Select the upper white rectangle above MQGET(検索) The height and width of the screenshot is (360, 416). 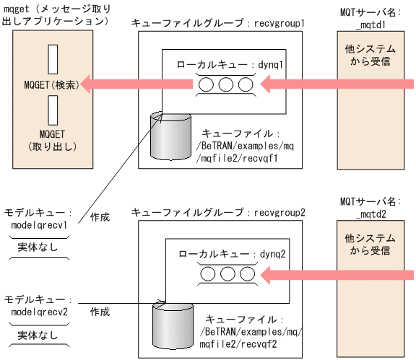(x=52, y=60)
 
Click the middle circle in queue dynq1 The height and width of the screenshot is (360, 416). (x=225, y=86)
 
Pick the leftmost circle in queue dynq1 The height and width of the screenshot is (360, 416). (x=207, y=86)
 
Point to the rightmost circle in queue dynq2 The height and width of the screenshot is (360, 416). (x=243, y=274)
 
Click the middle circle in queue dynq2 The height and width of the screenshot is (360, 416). (x=225, y=274)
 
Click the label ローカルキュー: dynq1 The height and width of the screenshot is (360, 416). (x=230, y=65)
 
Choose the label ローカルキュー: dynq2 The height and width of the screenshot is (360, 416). (x=230, y=254)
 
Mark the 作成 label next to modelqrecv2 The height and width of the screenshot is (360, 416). (x=100, y=312)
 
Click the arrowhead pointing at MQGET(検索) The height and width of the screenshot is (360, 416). (x=87, y=86)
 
